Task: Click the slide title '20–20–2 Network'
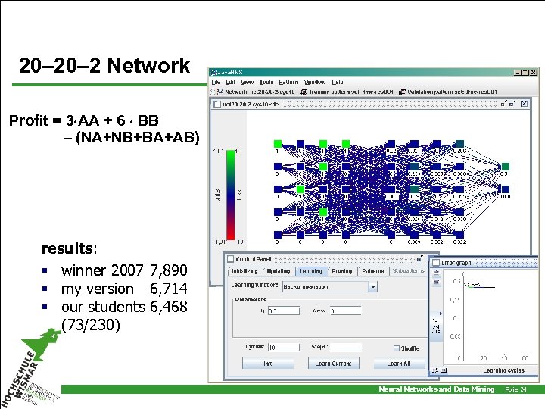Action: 104,66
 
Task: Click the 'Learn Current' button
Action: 333,364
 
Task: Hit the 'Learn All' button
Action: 399,364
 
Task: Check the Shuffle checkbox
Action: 397,348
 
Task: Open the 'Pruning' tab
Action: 342,271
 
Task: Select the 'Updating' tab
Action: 278,271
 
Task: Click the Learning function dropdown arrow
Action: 372,287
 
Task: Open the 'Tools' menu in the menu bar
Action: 266,82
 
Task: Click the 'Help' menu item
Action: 337,82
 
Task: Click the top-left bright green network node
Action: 278,143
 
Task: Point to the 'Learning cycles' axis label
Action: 505,370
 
